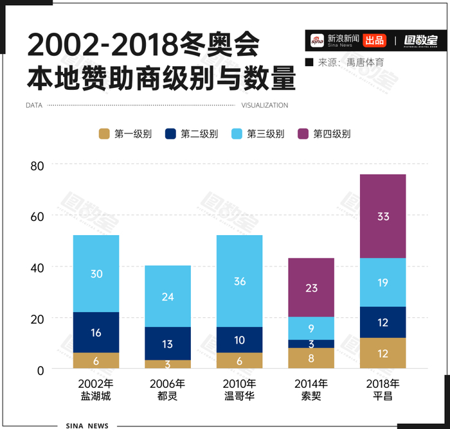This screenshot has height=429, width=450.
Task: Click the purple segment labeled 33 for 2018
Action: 382,216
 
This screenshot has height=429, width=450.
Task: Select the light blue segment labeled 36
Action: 239,281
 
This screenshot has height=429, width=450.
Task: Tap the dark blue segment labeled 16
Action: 96,333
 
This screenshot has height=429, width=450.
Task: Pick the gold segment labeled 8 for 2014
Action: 311,358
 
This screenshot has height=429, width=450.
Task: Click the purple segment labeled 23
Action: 311,288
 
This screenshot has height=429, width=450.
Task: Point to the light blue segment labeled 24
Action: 167,297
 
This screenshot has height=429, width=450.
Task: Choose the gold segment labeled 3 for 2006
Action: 167,364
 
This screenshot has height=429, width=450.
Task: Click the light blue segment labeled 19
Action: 382,283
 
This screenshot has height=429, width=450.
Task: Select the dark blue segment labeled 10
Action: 239,340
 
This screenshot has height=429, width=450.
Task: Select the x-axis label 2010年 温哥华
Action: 239,390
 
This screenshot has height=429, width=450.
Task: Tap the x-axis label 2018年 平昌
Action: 382,390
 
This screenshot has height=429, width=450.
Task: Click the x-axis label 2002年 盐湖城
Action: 96,390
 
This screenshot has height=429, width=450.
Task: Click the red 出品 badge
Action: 375,40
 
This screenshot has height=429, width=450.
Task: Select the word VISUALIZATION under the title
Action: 265,105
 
